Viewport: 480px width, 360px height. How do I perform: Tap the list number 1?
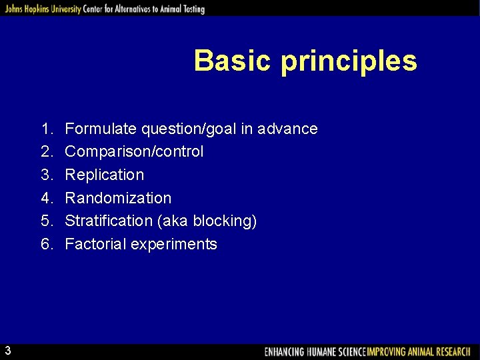click(x=46, y=129)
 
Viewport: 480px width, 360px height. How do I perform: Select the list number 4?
click(x=46, y=198)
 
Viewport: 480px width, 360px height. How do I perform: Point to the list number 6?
click(x=46, y=244)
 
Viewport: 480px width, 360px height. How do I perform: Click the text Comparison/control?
click(x=134, y=152)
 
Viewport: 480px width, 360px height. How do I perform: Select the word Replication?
click(x=104, y=175)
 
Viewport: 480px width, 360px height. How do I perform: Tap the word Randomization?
click(x=118, y=198)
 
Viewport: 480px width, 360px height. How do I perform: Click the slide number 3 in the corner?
click(x=7, y=351)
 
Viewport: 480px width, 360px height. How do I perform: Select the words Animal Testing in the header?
click(x=177, y=9)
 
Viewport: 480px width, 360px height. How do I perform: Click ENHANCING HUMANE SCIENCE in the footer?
click(x=315, y=351)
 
